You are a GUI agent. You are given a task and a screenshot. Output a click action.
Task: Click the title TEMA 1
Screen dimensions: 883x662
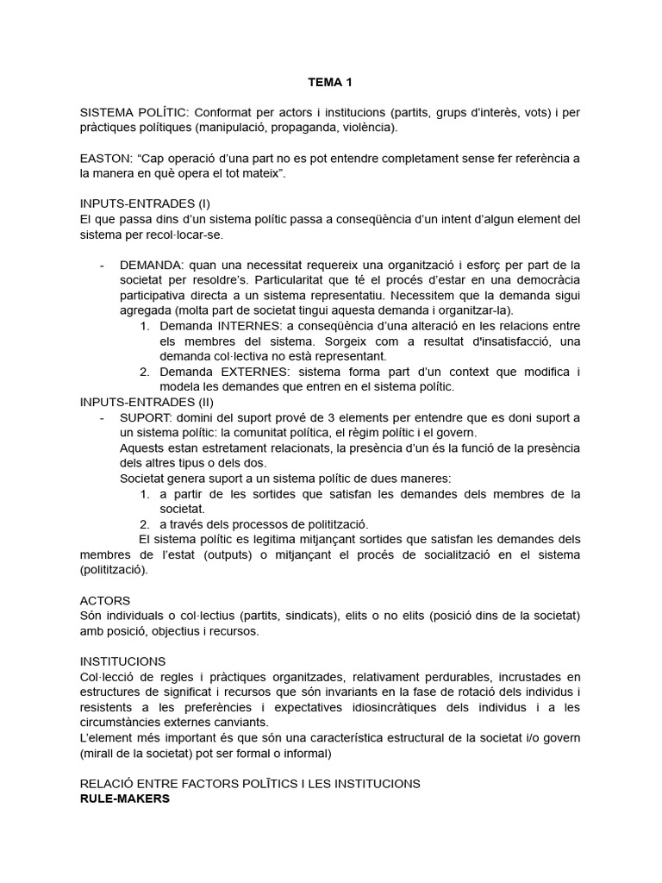pyautogui.click(x=331, y=83)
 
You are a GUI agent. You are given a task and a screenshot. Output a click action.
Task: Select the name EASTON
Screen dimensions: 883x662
pyautogui.click(x=107, y=158)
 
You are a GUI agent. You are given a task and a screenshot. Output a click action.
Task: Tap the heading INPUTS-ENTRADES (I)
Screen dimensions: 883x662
pyautogui.click(x=145, y=204)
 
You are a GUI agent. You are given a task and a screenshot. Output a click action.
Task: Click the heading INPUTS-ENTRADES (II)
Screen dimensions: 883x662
pyautogui.click(x=147, y=402)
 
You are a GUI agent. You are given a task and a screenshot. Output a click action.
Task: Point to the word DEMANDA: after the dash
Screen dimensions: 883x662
pyautogui.click(x=150, y=264)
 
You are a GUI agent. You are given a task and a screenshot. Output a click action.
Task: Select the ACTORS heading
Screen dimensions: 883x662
pyautogui.click(x=105, y=599)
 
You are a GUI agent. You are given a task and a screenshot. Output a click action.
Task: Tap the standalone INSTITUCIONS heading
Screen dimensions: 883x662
pyautogui.click(x=123, y=661)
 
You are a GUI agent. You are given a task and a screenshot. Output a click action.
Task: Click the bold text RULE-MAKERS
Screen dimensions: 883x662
pyautogui.click(x=125, y=798)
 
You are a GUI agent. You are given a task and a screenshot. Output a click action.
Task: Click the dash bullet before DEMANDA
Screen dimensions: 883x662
pyautogui.click(x=103, y=264)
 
